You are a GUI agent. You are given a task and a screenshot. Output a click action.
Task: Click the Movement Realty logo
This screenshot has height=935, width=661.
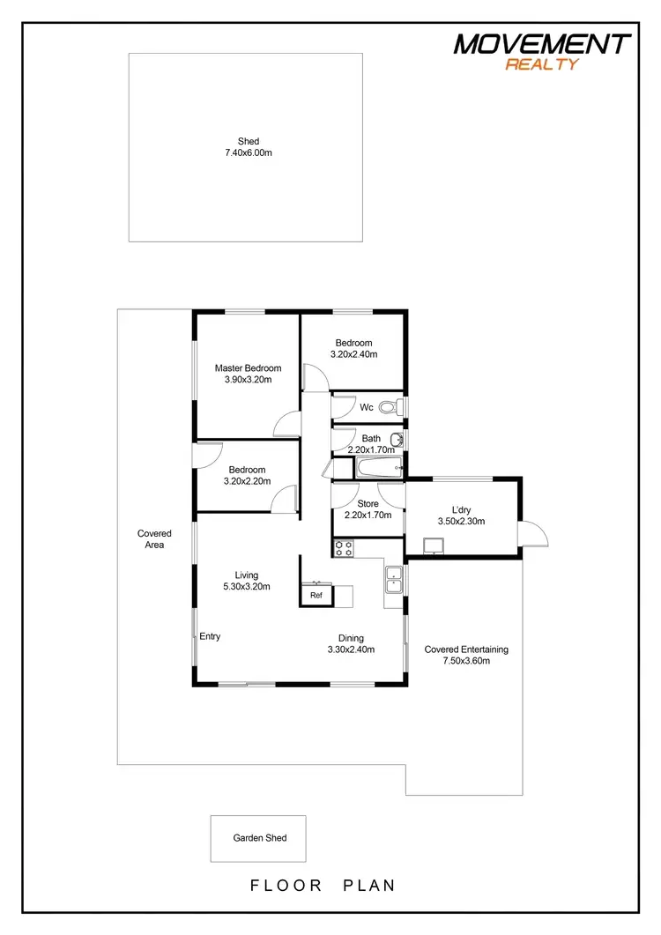click(542, 50)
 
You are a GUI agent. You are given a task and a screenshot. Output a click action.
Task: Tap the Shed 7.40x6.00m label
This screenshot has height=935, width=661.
click(248, 147)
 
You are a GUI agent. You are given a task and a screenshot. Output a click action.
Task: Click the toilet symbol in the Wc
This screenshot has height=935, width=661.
click(399, 407)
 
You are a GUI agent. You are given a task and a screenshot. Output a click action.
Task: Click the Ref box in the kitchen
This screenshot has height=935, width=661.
click(316, 596)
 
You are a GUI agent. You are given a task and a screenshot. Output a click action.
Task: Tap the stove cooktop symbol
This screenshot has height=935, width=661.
click(342, 547)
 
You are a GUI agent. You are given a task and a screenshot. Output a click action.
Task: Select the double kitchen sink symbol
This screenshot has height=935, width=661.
click(394, 578)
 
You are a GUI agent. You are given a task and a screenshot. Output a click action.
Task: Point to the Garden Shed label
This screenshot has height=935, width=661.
click(259, 839)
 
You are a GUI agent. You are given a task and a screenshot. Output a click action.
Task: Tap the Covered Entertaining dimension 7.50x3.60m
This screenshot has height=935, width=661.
click(466, 660)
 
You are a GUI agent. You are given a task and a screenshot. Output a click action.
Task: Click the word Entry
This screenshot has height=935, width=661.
click(210, 636)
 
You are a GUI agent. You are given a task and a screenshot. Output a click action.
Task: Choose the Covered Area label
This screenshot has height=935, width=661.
click(154, 538)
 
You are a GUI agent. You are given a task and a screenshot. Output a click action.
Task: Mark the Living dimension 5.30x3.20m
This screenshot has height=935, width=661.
click(247, 586)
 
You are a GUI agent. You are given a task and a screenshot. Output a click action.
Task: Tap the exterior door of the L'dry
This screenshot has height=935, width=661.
click(532, 532)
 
